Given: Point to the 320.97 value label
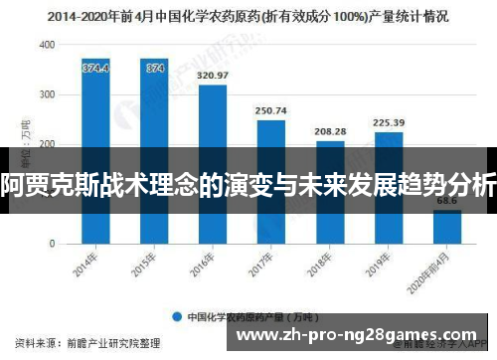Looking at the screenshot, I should click(x=213, y=76).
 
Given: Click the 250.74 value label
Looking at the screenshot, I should click(x=271, y=110).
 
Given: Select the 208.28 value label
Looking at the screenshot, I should click(x=330, y=131).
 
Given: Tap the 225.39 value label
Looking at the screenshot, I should click(x=389, y=123).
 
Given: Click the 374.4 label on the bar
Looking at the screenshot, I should click(x=95, y=68).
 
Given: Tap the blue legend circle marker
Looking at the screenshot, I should click(x=179, y=317).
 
